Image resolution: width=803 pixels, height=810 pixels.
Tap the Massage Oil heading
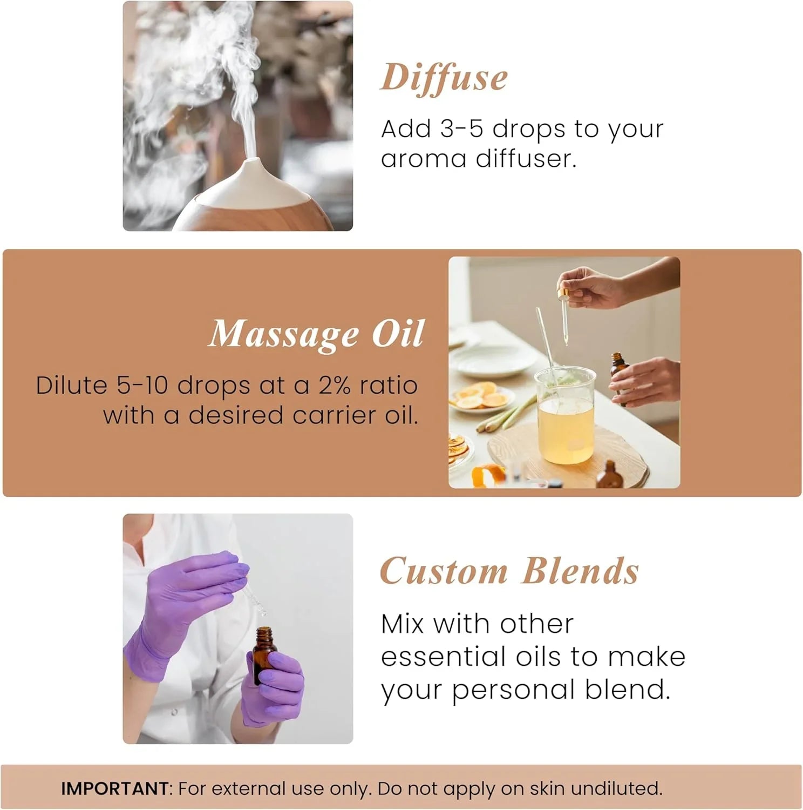(x=316, y=334)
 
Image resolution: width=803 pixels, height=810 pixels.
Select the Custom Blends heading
(x=509, y=571)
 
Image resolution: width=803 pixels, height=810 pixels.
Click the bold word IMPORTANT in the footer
(x=115, y=788)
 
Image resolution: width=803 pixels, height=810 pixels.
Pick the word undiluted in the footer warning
(x=616, y=788)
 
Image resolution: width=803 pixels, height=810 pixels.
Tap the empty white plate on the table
(x=488, y=364)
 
